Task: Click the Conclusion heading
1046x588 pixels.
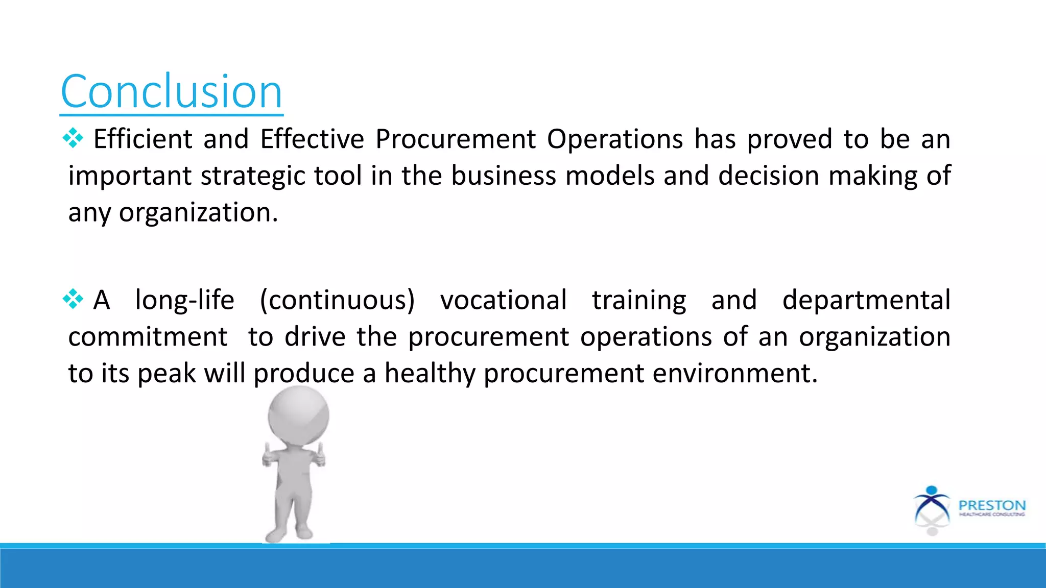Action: (x=171, y=92)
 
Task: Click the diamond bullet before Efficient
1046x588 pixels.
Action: (x=73, y=138)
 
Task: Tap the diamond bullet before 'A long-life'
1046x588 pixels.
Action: (x=73, y=299)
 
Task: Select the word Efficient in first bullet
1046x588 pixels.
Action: (x=142, y=139)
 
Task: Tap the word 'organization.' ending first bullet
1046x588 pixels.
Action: (x=198, y=213)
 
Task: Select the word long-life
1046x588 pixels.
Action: (x=184, y=300)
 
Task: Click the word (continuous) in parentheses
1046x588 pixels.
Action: (x=337, y=300)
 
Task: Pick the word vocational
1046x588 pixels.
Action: (x=503, y=300)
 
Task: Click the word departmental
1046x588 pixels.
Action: (x=866, y=300)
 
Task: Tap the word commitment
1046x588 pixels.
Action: (x=148, y=337)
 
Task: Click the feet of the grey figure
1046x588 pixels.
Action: (x=289, y=533)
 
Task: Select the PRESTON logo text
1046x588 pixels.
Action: (x=992, y=505)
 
